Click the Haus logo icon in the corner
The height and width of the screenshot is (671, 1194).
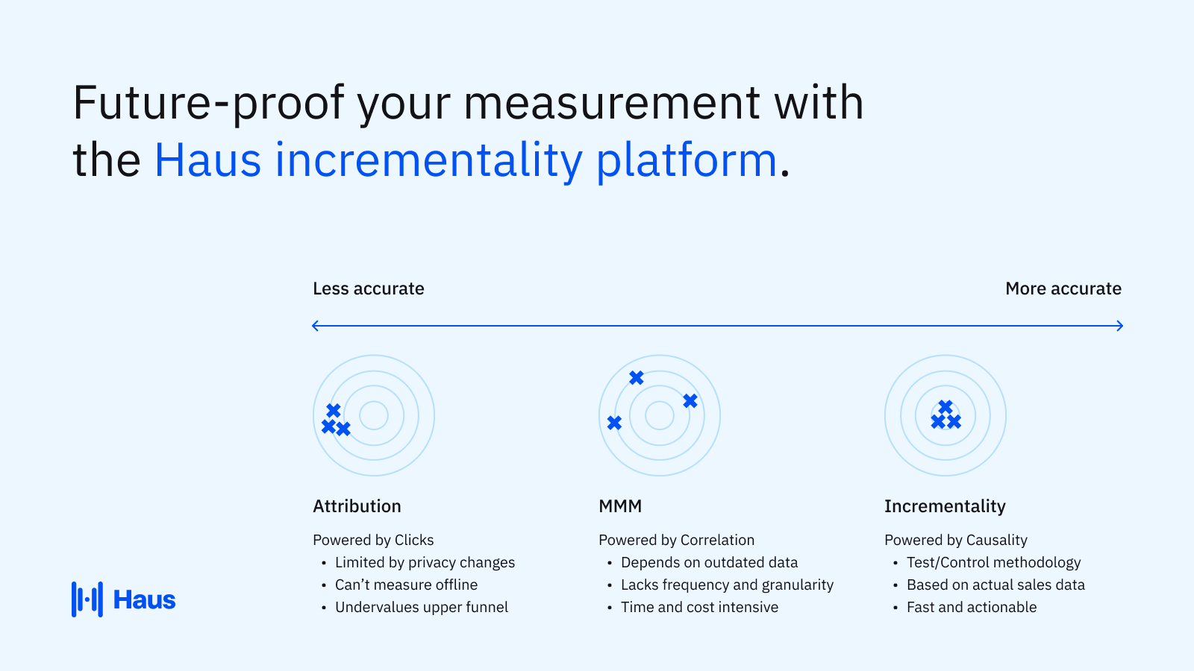[x=87, y=599]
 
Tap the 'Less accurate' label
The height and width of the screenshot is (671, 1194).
[x=369, y=289]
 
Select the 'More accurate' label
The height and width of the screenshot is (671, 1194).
[x=1063, y=289]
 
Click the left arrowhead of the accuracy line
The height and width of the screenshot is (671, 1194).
[x=315, y=326]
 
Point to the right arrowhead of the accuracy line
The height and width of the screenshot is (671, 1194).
[x=1120, y=326]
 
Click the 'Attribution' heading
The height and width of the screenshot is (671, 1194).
[x=357, y=506]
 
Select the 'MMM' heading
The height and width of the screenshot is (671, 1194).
[x=620, y=506]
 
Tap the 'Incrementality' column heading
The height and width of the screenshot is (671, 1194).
[x=945, y=506]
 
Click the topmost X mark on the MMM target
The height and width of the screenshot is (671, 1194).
[x=636, y=377]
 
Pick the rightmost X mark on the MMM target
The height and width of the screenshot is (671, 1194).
[x=690, y=400]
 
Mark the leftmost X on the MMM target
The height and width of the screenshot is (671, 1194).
[x=614, y=423]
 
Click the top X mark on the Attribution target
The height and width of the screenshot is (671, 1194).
[x=333, y=410]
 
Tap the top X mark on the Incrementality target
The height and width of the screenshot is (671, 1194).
[x=945, y=407]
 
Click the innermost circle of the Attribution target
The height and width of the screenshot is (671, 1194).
[x=374, y=402]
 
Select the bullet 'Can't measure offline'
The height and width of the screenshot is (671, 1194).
[x=406, y=585]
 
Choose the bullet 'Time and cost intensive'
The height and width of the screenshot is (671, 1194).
[x=699, y=607]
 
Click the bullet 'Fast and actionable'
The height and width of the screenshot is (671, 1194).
[x=972, y=607]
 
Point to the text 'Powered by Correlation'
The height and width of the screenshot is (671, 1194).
[x=676, y=540]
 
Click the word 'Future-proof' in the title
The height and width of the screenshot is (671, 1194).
[x=208, y=104]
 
